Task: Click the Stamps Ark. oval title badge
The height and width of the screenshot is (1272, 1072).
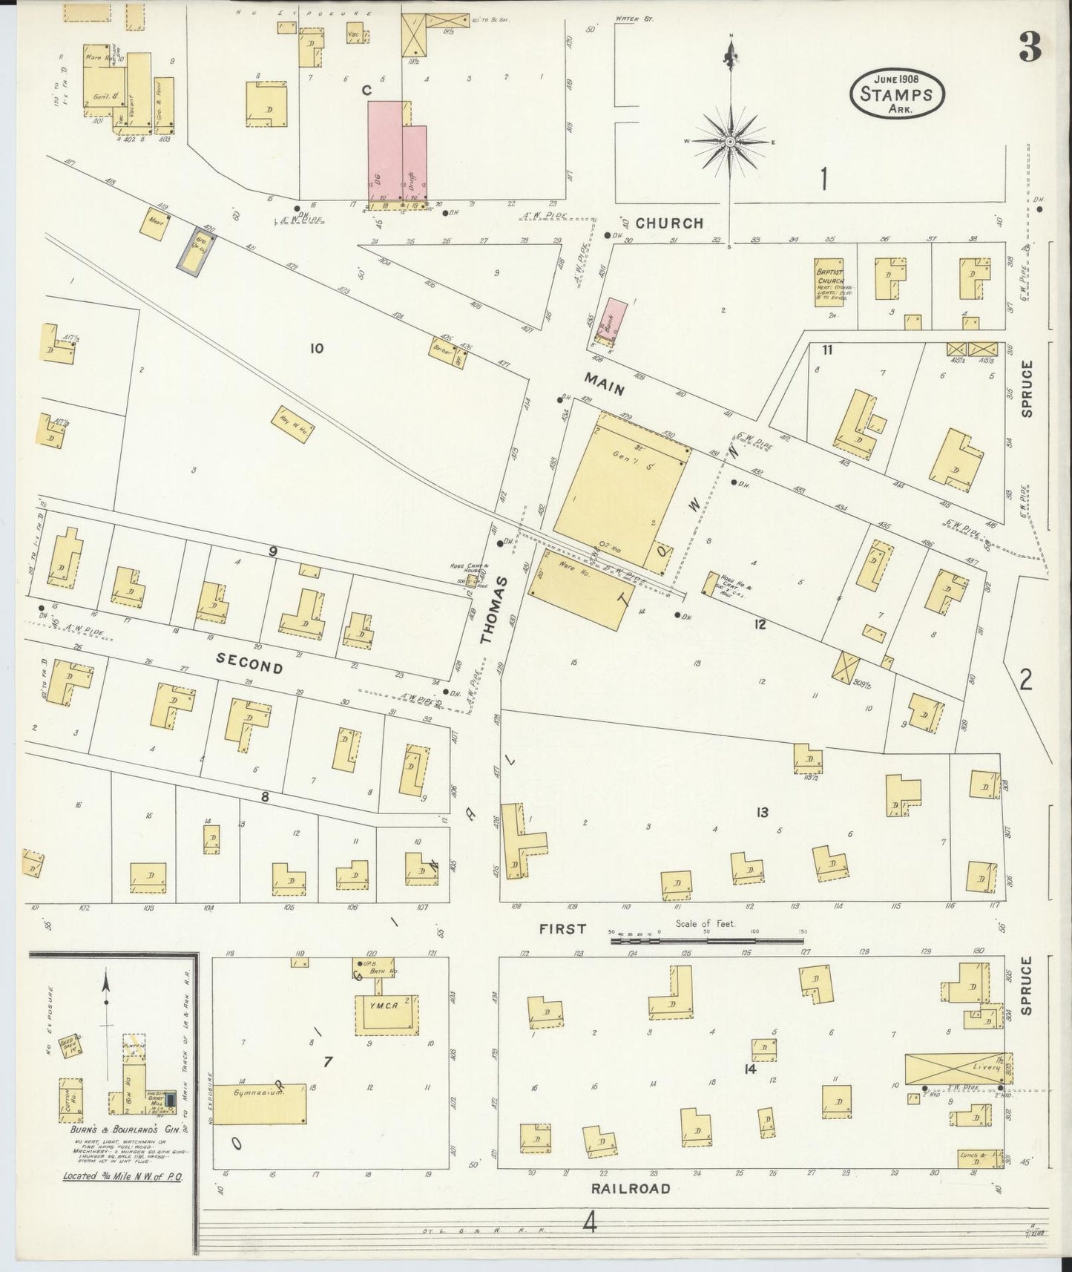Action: click(897, 94)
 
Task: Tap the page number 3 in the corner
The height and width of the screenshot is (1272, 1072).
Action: click(1030, 48)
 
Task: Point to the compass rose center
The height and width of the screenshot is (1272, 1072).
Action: click(730, 141)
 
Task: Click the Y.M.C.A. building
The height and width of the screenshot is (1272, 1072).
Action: click(387, 1010)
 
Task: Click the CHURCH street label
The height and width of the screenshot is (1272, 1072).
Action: click(668, 223)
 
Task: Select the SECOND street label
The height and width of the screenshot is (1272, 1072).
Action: click(250, 663)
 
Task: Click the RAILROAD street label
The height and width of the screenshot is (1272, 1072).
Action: click(631, 1188)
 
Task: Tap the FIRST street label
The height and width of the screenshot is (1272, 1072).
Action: click(562, 928)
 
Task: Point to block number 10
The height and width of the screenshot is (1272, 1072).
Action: click(317, 348)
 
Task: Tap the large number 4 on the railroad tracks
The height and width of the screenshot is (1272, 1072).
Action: click(590, 1222)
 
